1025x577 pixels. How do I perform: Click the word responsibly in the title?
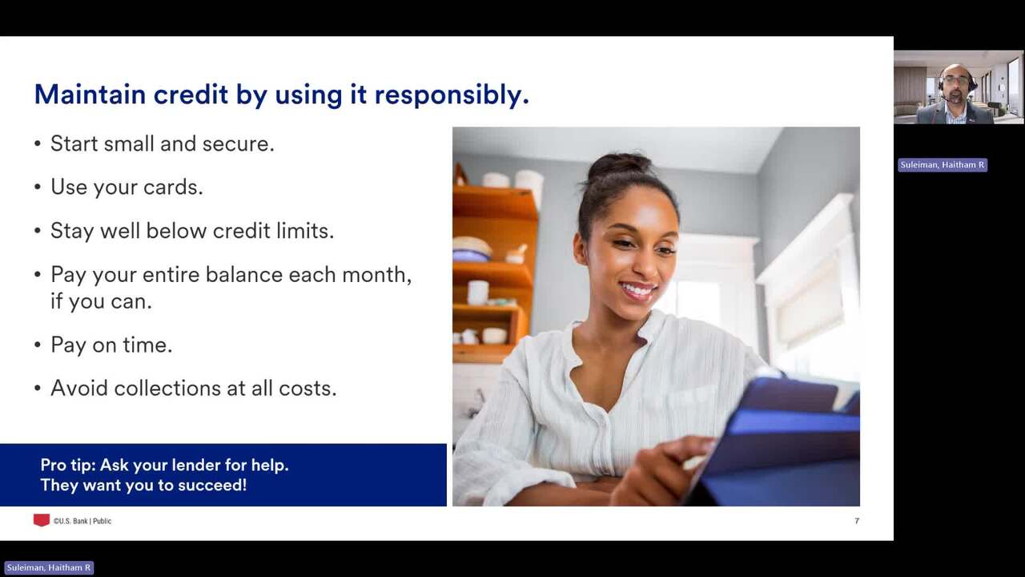452,95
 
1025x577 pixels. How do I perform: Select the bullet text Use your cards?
127,187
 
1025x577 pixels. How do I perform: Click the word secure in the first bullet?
238,143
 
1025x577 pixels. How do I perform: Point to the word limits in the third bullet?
305,230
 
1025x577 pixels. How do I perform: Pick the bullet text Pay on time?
111,345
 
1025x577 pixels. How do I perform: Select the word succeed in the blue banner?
212,485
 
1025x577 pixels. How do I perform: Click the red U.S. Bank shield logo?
41,520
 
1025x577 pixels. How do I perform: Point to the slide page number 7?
857,521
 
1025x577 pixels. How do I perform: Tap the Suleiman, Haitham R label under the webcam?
943,165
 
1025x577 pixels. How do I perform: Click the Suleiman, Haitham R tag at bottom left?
49,568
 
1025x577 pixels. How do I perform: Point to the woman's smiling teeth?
637,289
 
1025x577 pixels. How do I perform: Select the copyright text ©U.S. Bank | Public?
82,521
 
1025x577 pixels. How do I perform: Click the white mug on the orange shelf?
478,293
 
